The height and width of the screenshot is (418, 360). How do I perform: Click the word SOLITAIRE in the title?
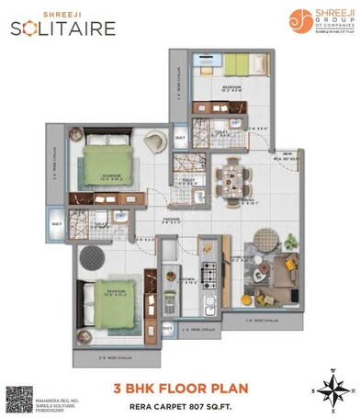click(x=63, y=28)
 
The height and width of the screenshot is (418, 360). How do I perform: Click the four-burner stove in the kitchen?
click(x=209, y=273)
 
